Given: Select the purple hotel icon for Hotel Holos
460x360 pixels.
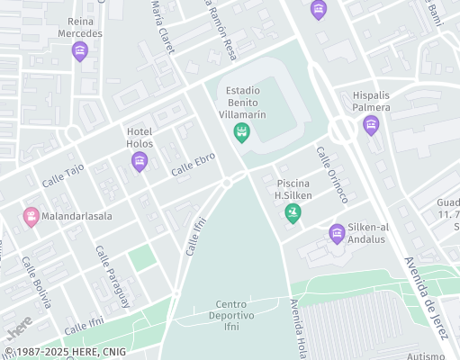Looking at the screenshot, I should (x=139, y=162).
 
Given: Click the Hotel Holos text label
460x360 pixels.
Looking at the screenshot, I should (x=140, y=137).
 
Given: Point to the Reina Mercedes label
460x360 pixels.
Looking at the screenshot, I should (x=80, y=27).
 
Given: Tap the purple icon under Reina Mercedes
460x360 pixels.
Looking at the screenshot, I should (x=80, y=51).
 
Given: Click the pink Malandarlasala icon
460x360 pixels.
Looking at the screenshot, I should (x=32, y=216).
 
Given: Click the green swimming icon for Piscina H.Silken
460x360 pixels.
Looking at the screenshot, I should (x=292, y=213).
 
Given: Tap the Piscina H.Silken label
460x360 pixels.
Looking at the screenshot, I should (x=293, y=189).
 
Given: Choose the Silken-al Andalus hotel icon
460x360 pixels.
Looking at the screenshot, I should (x=337, y=234).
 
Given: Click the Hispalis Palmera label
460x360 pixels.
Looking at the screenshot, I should (x=371, y=101).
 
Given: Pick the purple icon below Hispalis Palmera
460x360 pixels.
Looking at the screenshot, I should (x=371, y=125).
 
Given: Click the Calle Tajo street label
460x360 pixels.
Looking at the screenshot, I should (x=62, y=175).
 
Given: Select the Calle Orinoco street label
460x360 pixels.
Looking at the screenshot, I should (x=331, y=174).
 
